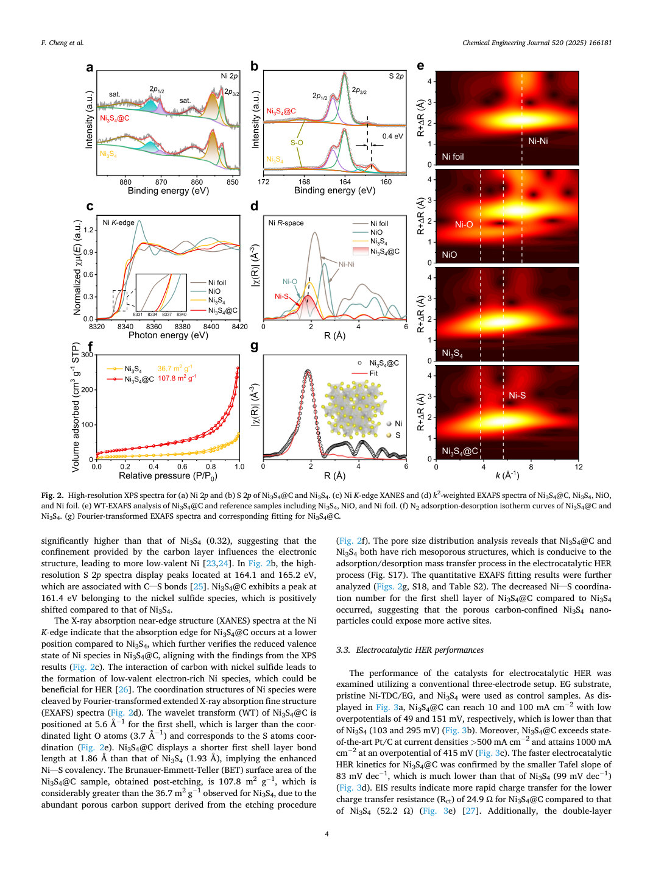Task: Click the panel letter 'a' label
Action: [x=90, y=68]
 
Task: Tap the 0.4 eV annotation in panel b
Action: [x=392, y=136]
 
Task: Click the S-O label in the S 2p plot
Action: [x=297, y=143]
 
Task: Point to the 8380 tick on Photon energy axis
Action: [x=182, y=327]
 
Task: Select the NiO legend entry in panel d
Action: [x=376, y=232]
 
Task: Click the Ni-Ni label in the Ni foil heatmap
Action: [x=538, y=141]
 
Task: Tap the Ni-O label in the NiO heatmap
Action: [x=464, y=224]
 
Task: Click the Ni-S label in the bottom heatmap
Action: [x=517, y=395]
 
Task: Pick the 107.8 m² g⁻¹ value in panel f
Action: [x=177, y=378]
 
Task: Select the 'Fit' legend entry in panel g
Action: [x=373, y=373]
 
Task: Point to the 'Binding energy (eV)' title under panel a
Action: [x=168, y=190]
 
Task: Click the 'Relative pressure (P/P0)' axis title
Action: [x=168, y=475]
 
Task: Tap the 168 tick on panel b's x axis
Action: [x=304, y=182]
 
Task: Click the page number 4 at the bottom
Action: [x=326, y=834]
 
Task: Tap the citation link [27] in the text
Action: [x=470, y=810]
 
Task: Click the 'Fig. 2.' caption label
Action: [x=52, y=495]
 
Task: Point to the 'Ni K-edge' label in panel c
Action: [x=119, y=222]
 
